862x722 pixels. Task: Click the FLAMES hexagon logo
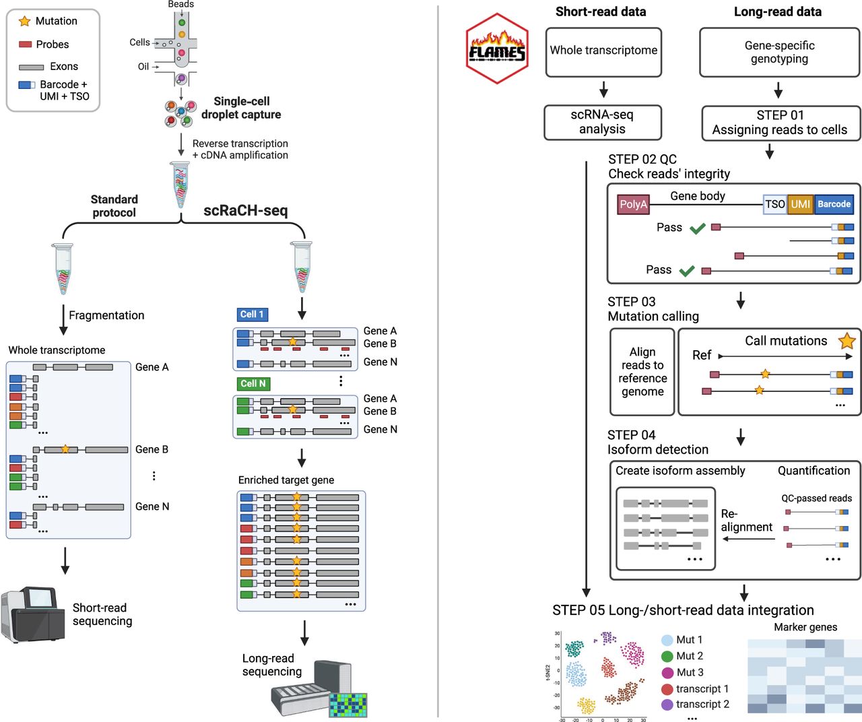tap(497, 49)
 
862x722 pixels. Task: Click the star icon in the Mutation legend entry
tap(25, 22)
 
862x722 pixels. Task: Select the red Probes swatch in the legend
tap(26, 44)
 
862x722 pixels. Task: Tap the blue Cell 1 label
tap(253, 315)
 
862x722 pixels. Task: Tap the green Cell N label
tap(253, 384)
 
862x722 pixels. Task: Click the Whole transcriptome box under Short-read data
tap(603, 51)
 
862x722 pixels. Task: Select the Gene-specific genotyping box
tap(779, 53)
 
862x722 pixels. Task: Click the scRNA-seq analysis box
tap(602, 123)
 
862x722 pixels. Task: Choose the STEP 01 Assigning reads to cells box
tap(780, 123)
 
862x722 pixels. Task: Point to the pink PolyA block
tap(633, 205)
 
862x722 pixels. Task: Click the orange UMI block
tap(800, 204)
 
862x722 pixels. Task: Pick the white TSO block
tap(774, 204)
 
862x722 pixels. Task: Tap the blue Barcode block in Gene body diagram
tap(834, 204)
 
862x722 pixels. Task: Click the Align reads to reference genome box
tap(642, 372)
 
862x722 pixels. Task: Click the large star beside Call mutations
tap(847, 341)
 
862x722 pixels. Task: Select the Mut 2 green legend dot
tap(667, 657)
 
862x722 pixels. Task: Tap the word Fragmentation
tap(106, 315)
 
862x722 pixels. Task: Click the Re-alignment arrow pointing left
tap(748, 539)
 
